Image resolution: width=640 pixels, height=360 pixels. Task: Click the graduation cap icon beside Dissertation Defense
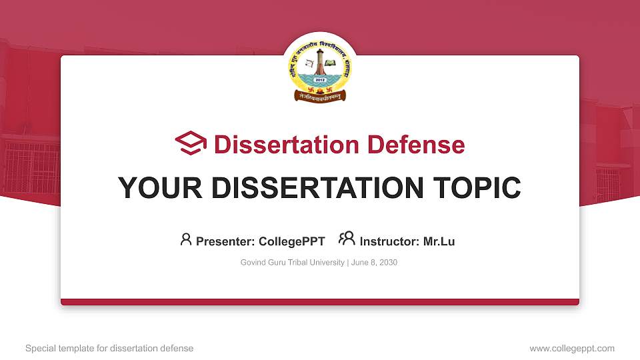coord(191,144)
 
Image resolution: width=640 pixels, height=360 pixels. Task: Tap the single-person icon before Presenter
coord(186,239)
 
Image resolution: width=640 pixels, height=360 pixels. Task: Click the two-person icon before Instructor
coord(347,239)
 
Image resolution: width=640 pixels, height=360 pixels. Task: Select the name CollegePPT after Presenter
coord(292,241)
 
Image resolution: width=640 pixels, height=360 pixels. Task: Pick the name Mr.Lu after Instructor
coord(439,241)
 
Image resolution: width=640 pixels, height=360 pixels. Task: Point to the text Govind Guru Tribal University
coord(292,263)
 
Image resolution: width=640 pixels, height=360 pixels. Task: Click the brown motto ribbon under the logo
coord(320,97)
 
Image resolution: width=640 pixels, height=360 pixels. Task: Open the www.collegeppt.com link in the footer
coord(572,348)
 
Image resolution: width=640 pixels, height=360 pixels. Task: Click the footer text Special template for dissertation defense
coord(109,348)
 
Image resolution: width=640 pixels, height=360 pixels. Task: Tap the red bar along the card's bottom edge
coord(320,302)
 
